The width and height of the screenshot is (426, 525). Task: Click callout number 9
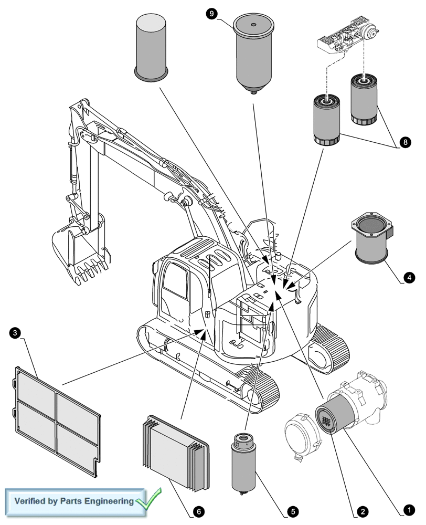211,14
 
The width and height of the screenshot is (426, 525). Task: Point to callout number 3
15,333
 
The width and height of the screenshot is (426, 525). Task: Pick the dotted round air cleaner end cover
303,433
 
